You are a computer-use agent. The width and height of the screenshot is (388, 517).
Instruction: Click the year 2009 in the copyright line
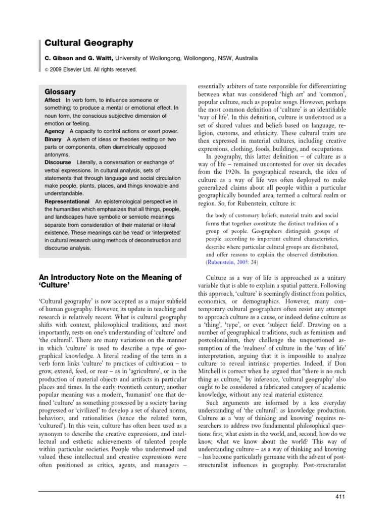(x=58, y=70)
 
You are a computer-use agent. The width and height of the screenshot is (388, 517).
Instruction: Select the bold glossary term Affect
(x=53, y=100)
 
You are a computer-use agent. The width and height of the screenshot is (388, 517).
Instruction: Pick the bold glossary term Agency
(x=55, y=131)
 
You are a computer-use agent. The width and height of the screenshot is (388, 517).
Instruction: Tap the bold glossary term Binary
(x=53, y=139)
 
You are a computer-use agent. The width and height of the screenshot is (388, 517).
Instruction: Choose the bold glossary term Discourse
(x=59, y=162)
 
